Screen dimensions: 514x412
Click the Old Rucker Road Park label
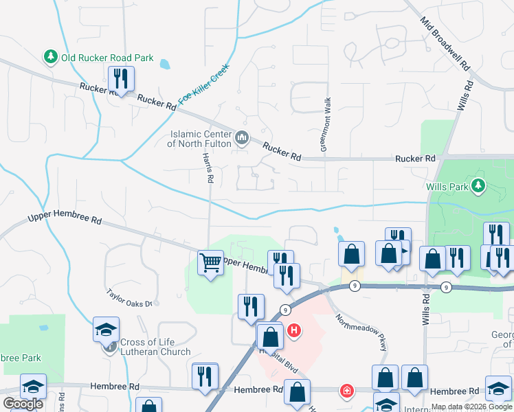pyautogui.click(x=107, y=58)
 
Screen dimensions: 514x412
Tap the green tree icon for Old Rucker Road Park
pyautogui.click(x=50, y=57)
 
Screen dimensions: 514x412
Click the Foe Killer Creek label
pyautogui.click(x=203, y=84)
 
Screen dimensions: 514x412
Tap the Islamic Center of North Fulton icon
pyautogui.click(x=242, y=139)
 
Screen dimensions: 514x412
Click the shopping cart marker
pyautogui.click(x=210, y=262)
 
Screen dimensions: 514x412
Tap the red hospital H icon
pyautogui.click(x=294, y=331)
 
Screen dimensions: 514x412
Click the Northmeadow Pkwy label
pyautogui.click(x=361, y=332)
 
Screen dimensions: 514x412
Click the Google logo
pyautogui.click(x=23, y=404)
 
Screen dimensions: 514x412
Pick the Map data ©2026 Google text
pyautogui.click(x=471, y=407)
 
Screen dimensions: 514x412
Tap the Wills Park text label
pyautogui.click(x=447, y=186)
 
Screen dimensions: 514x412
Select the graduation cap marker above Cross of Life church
pyautogui.click(x=106, y=329)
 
